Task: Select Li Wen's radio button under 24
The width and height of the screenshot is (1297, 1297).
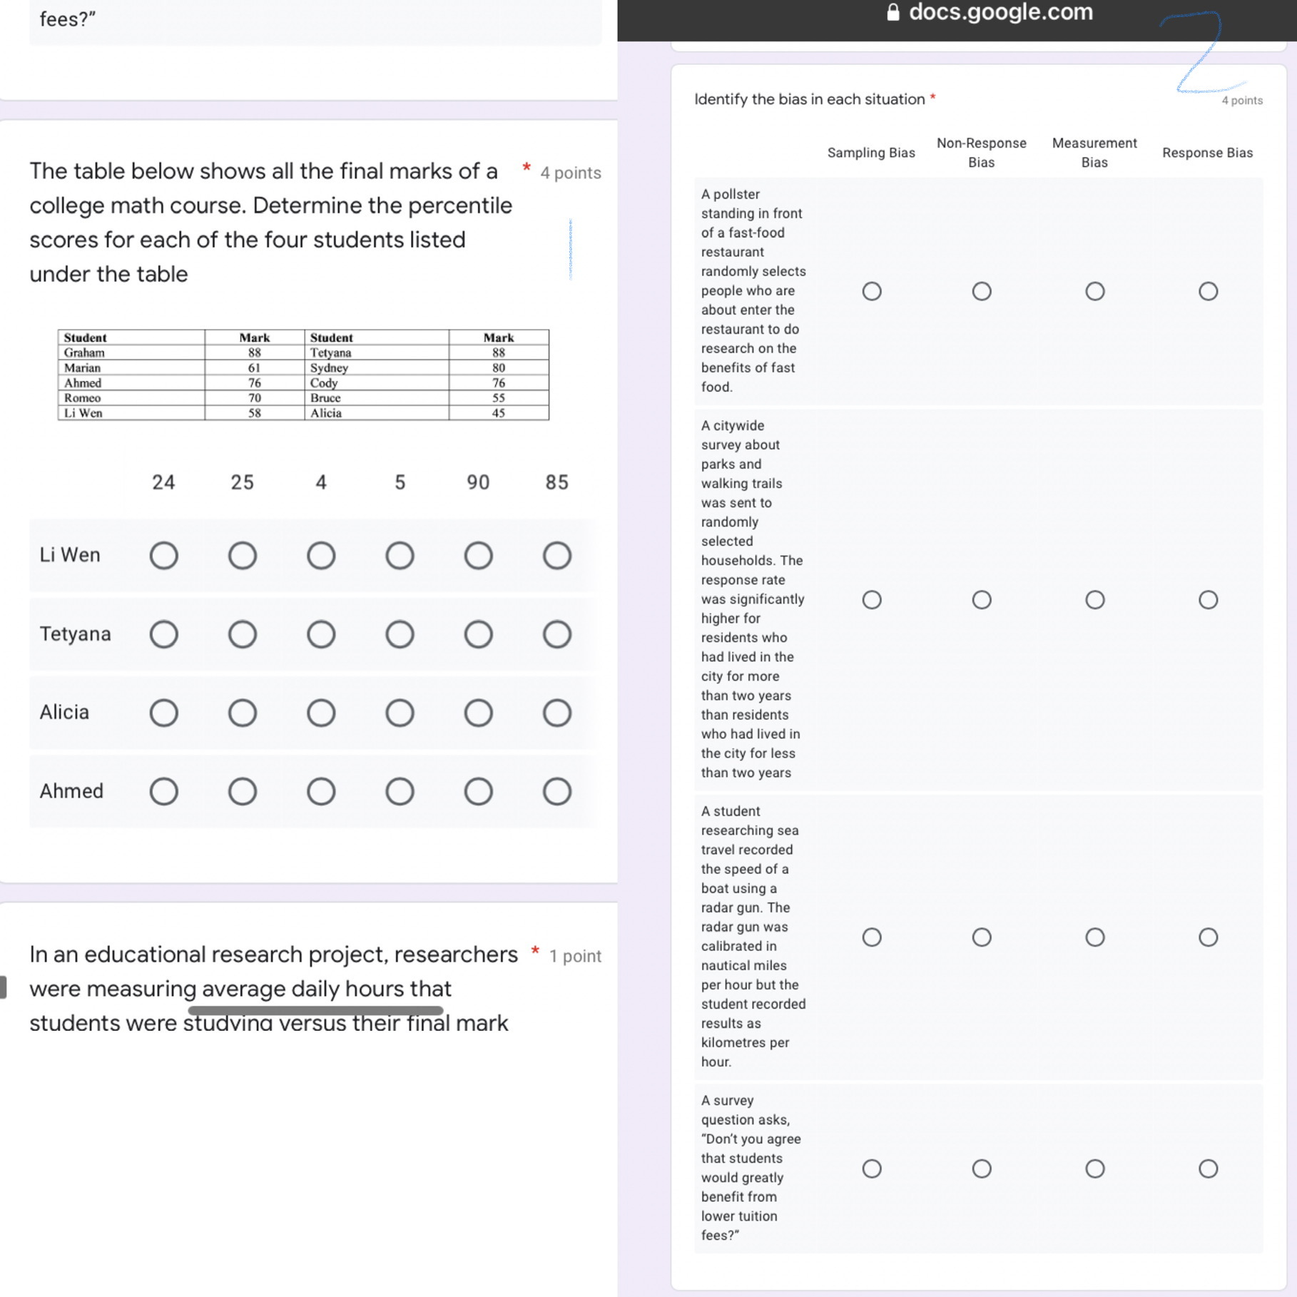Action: [163, 556]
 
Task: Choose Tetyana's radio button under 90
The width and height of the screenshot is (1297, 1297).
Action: [478, 634]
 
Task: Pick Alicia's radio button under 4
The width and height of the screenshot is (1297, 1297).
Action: [321, 713]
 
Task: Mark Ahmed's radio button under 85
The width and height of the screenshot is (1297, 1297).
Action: [556, 791]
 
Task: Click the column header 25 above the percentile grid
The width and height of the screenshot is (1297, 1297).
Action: [242, 483]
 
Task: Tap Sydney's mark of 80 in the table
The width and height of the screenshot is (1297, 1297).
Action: [498, 368]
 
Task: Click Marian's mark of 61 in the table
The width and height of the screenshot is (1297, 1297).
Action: [254, 368]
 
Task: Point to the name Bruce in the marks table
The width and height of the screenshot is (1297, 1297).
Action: [325, 398]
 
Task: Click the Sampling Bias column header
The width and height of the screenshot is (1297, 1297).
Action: [870, 153]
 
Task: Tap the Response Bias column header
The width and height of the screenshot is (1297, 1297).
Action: [1207, 153]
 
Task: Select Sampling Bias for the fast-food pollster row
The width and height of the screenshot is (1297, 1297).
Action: [871, 291]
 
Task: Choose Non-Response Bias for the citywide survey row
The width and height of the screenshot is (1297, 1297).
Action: [982, 600]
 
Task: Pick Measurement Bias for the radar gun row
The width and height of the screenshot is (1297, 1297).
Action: [1094, 937]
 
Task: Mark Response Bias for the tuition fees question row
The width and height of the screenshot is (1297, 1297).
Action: [1208, 1169]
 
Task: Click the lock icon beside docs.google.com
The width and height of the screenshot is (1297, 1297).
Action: [892, 12]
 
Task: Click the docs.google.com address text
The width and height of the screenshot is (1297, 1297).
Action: [1000, 12]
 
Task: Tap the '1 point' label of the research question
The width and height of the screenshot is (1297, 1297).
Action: [575, 957]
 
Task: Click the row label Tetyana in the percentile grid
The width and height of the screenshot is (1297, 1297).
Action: [75, 634]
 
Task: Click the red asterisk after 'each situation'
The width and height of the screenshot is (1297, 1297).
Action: [932, 98]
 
